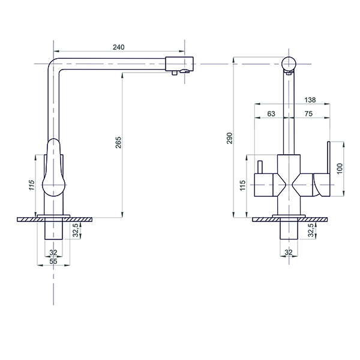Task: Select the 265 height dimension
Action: (x=118, y=143)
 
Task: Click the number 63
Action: (x=270, y=113)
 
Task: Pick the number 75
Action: (x=309, y=113)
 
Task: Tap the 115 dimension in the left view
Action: (x=32, y=185)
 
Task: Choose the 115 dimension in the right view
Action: (x=242, y=185)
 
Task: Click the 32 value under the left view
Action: (x=53, y=253)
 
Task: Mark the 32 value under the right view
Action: (x=289, y=253)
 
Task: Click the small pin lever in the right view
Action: (x=260, y=168)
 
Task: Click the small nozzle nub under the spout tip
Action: (x=175, y=73)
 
